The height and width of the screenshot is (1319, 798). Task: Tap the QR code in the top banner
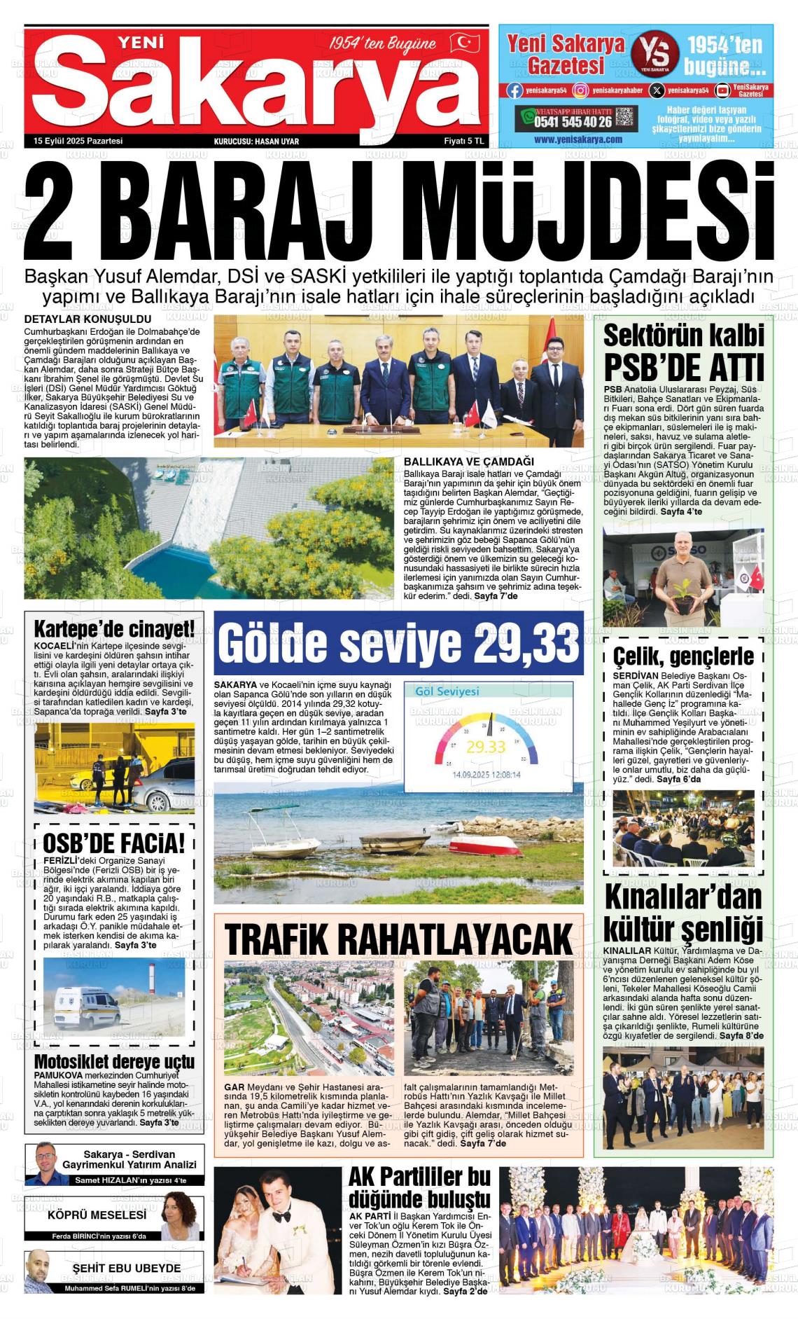pyautogui.click(x=625, y=117)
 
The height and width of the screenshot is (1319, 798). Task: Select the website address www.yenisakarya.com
pyautogui.click(x=577, y=139)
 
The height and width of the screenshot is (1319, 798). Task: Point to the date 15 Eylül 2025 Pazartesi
pyautogui.click(x=78, y=141)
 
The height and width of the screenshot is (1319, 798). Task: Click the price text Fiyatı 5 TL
pyautogui.click(x=464, y=141)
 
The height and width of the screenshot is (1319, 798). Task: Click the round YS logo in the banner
pyautogui.click(x=654, y=54)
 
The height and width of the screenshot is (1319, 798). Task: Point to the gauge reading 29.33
pyautogui.click(x=486, y=747)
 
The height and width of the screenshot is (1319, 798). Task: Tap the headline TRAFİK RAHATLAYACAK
pyautogui.click(x=399, y=939)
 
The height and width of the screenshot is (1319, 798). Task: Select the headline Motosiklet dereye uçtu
pyautogui.click(x=114, y=1061)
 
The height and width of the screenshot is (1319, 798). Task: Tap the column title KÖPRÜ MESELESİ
pyautogui.click(x=97, y=1215)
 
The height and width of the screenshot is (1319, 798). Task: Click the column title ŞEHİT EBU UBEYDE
pyautogui.click(x=126, y=1268)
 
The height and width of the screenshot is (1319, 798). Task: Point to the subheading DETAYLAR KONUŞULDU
pyautogui.click(x=77, y=319)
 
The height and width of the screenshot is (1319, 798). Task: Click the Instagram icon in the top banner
pyautogui.click(x=580, y=90)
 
